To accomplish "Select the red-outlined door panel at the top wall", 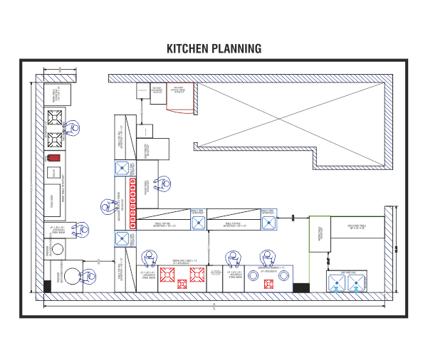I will (181, 96).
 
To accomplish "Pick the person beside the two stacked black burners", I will (71, 128).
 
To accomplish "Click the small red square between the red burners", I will (182, 284).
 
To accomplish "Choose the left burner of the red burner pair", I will (168, 274).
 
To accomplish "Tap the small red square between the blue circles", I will (268, 284).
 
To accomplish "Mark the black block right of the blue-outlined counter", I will (301, 287).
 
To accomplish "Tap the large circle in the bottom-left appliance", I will (71, 277).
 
